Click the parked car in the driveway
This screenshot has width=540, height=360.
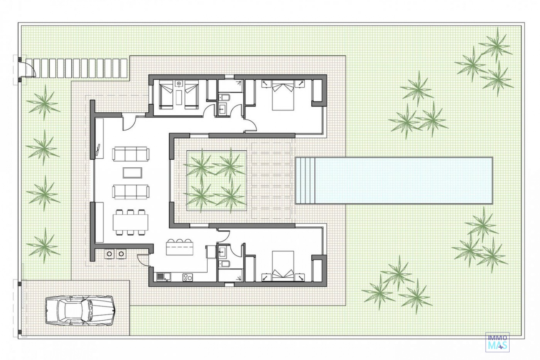[x=79, y=311]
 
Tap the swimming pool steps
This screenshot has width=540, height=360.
[x=305, y=181]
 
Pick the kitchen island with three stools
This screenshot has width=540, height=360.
[x=180, y=246]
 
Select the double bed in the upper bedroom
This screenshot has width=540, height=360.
[x=283, y=95]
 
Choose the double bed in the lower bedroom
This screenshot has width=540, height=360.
[x=283, y=266]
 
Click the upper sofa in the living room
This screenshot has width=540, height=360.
[x=131, y=154]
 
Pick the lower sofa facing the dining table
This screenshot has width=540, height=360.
[x=131, y=192]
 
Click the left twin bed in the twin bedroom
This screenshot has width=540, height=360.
[x=166, y=94]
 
